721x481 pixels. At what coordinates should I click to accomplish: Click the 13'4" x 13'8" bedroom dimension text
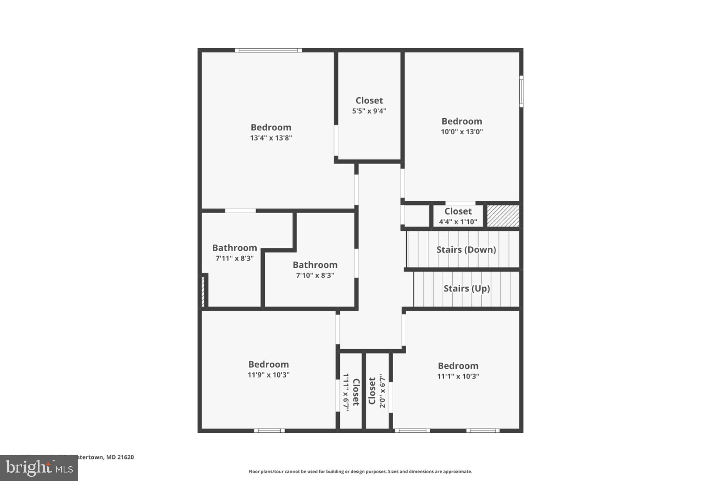click(271, 138)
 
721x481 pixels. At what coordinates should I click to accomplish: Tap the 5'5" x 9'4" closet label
click(369, 101)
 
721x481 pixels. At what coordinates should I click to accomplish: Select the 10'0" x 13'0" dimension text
click(462, 132)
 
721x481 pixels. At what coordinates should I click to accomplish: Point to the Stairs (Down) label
click(466, 250)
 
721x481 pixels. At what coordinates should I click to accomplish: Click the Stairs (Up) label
click(466, 289)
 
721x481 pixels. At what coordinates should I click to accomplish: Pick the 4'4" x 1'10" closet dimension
click(458, 222)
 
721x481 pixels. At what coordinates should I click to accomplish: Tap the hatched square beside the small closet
click(503, 216)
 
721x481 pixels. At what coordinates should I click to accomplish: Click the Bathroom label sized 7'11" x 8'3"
click(234, 248)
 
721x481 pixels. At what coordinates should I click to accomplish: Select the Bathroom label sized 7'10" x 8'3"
click(315, 265)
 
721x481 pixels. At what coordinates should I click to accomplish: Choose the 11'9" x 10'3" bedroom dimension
click(268, 375)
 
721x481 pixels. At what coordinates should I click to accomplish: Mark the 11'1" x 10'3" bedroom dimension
click(458, 376)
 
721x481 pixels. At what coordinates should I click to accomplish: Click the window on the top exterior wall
click(268, 50)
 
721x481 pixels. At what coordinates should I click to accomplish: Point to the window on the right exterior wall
click(521, 91)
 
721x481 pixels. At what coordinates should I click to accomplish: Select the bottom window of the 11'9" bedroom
click(269, 431)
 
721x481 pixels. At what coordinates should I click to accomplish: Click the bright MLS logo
click(39, 468)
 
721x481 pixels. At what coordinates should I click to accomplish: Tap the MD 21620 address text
click(120, 457)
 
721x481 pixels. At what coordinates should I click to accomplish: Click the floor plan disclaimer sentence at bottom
click(360, 471)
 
